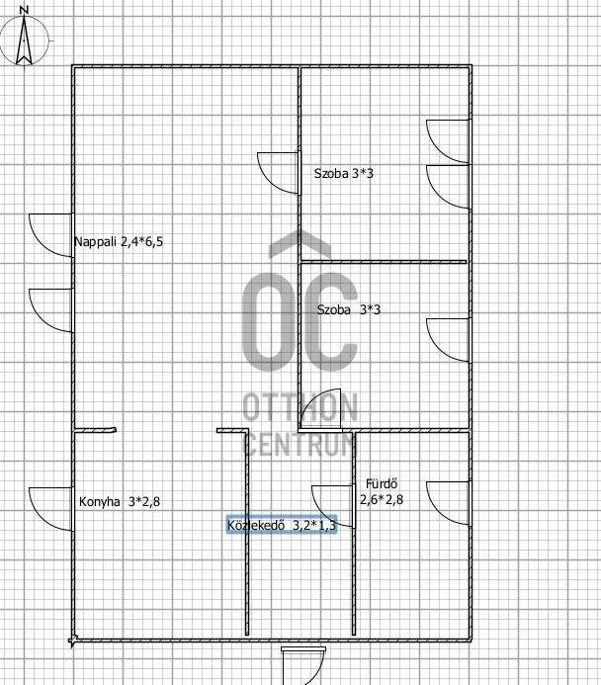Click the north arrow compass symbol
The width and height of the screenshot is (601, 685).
pyautogui.click(x=24, y=41)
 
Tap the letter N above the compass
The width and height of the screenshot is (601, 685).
pyautogui.click(x=25, y=10)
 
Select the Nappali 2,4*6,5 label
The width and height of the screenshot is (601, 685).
pyautogui.click(x=119, y=241)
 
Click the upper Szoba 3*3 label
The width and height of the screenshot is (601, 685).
pyautogui.click(x=344, y=173)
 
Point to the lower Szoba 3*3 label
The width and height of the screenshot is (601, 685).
pyautogui.click(x=349, y=309)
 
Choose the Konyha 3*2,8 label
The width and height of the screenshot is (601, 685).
pyautogui.click(x=120, y=501)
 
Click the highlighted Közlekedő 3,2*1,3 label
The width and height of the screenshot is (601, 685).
pyautogui.click(x=282, y=525)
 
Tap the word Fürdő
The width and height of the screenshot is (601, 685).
pyautogui.click(x=382, y=483)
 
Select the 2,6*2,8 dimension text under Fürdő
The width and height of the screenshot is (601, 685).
pyautogui.click(x=382, y=499)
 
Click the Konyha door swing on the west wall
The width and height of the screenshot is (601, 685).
pyautogui.click(x=51, y=509)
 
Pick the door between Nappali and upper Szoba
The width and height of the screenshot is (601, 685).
pyautogui.click(x=279, y=173)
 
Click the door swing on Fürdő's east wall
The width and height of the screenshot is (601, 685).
pyautogui.click(x=448, y=503)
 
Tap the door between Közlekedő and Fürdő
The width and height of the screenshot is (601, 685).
pyautogui.click(x=333, y=506)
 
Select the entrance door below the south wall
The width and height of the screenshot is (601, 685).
pyautogui.click(x=303, y=666)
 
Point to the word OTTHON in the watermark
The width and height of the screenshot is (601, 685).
pyautogui.click(x=300, y=406)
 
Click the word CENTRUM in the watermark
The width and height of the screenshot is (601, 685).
pyautogui.click(x=300, y=443)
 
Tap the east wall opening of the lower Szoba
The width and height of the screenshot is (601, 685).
pyautogui.click(x=448, y=340)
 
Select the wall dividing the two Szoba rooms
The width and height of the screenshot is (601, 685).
pyautogui.click(x=384, y=262)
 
